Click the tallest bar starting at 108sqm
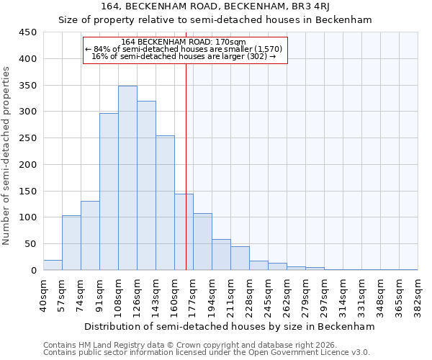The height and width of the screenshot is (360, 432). coord(127,178)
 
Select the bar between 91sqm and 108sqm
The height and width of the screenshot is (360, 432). coord(109,192)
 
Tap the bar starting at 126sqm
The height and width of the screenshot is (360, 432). coord(146,186)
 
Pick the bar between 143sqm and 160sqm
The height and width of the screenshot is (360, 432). coord(165,203)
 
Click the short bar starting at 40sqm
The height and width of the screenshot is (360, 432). coord(53,265)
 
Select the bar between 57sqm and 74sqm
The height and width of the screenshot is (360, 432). coord(71,243)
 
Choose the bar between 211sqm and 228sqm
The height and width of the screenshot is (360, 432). coord(240,258)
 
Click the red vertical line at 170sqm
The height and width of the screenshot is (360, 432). coord(186,166)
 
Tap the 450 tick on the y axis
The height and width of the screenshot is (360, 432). coord(27,32)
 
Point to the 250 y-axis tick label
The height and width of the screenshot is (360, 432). coord(27,138)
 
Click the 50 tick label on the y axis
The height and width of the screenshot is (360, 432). coord(30,244)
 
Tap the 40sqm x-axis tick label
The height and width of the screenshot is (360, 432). coord(43,293)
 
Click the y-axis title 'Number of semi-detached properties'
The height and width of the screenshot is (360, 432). coord(7,155)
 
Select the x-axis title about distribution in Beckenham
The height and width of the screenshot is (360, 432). coord(230,326)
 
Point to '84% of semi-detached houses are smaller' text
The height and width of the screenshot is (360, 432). coord(184,49)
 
